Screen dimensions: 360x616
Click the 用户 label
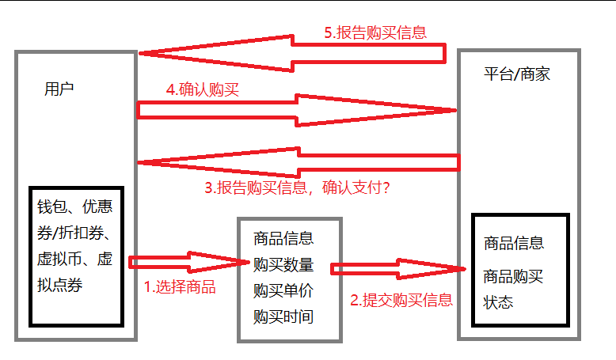(x=59, y=88)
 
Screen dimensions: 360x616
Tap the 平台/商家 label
(x=516, y=74)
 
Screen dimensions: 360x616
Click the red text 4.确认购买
(x=202, y=89)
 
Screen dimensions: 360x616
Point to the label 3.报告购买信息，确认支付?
(x=302, y=188)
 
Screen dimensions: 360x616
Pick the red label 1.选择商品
(x=179, y=286)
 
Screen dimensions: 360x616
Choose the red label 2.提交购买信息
(x=401, y=300)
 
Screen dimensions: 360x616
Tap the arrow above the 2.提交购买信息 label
(x=397, y=269)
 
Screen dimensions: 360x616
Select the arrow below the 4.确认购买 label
(x=297, y=110)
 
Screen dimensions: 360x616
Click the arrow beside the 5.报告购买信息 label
(x=293, y=53)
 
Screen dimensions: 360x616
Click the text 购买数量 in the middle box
(x=283, y=264)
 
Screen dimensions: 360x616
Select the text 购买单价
(x=283, y=290)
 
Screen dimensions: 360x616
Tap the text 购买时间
(x=283, y=316)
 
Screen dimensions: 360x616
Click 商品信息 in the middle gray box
(x=283, y=238)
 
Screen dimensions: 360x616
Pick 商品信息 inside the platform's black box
(x=514, y=243)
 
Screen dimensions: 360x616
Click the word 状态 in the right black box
(x=499, y=302)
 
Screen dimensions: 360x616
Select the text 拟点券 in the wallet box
(x=65, y=285)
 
